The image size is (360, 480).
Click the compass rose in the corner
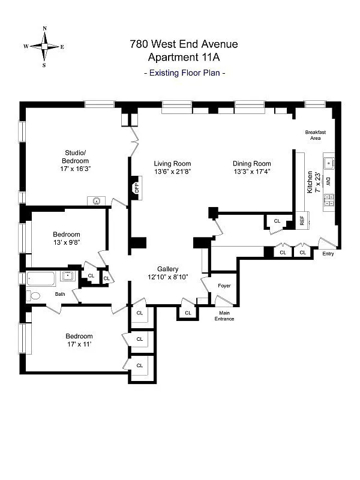44,46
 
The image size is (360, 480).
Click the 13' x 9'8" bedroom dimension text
66,243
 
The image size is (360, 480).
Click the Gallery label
168,269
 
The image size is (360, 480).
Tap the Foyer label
224,286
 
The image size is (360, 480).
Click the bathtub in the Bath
41,278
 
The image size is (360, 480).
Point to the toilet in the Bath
34,296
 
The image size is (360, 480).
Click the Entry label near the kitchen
328,254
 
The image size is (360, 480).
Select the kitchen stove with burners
329,200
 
